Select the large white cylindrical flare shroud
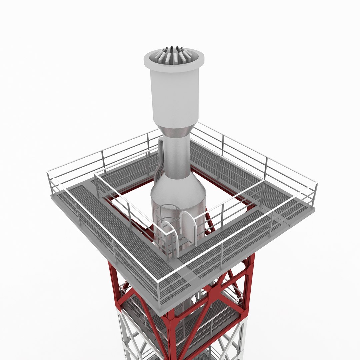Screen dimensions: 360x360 [x=175, y=97]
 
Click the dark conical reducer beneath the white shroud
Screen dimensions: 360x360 [x=175, y=132]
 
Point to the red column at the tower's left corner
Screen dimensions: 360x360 [x=113, y=280]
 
